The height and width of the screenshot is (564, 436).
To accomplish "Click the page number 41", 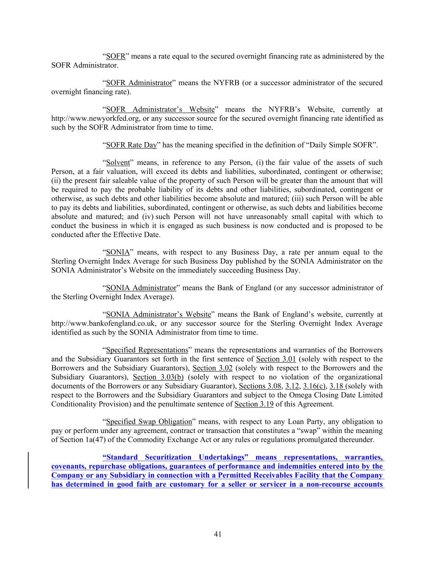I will pos(218,534).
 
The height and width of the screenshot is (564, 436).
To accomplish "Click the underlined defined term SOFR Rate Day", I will pos(131,145).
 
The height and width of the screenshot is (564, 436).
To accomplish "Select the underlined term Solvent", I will pos(118,163).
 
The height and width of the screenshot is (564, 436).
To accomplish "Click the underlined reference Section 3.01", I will pos(276,359).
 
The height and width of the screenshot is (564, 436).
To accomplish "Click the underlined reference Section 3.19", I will pos(254,404).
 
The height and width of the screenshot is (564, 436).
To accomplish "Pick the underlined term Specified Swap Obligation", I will pos(149,422).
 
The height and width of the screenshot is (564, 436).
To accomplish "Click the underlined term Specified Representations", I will pos(147,350).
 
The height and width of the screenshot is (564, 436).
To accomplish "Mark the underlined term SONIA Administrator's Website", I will pos(158,314).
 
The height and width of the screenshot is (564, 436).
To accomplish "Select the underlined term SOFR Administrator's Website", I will pos(160,109).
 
